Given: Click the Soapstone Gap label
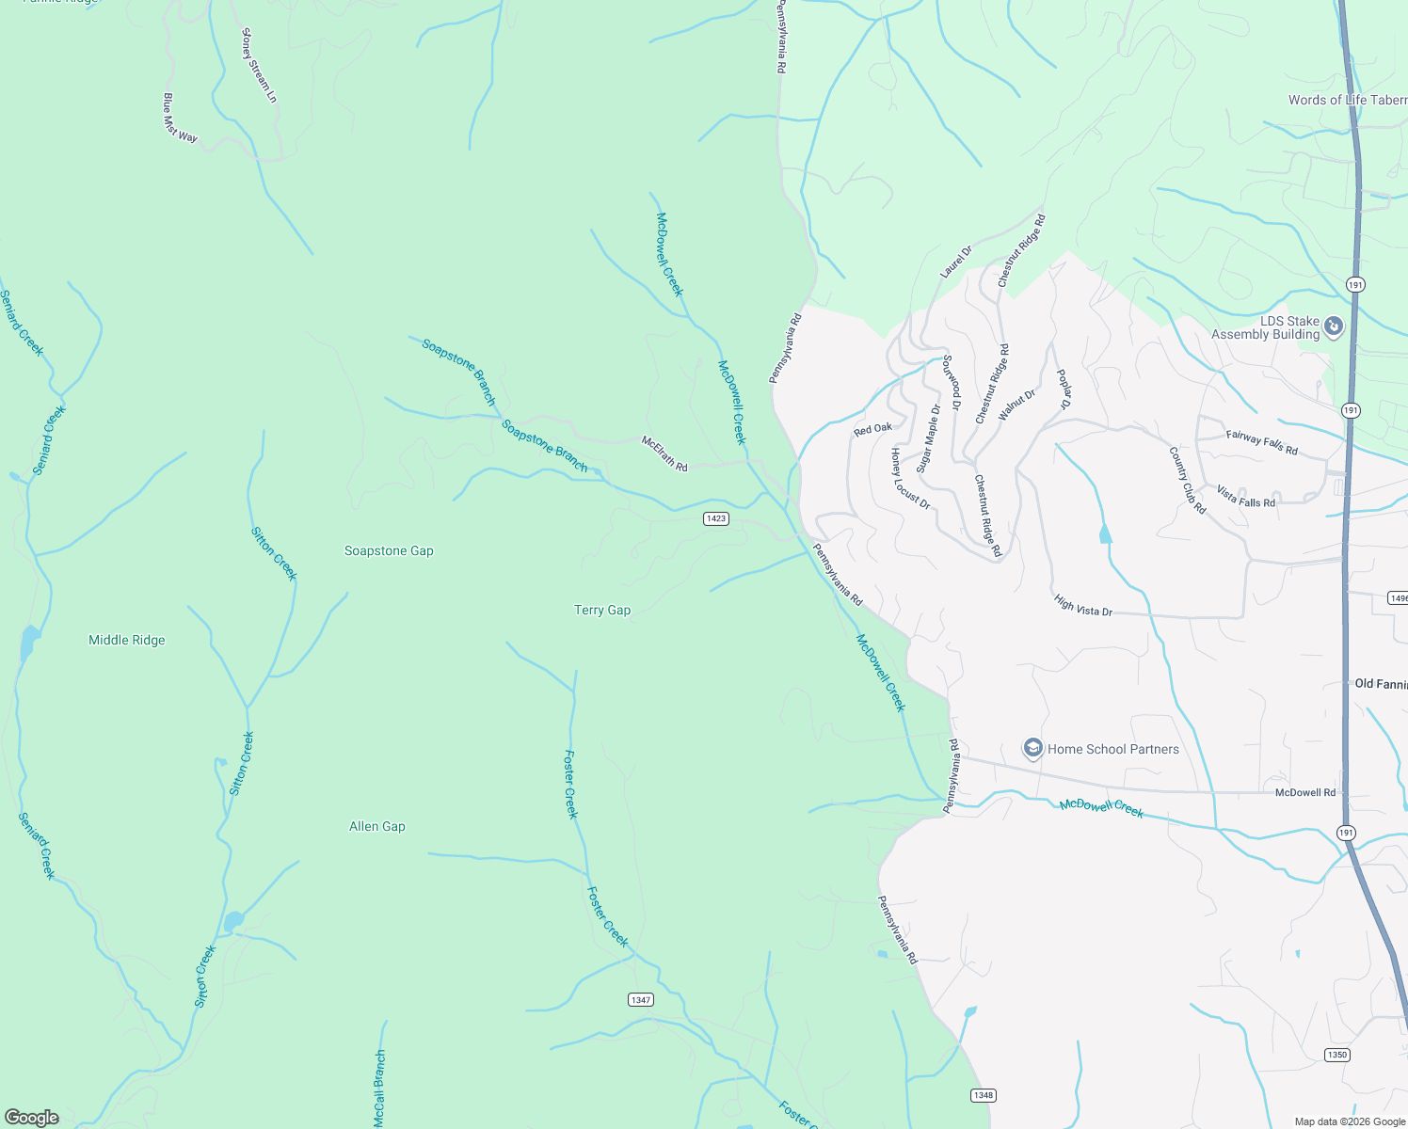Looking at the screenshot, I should (x=389, y=550).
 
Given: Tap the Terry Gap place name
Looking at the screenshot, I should (x=602, y=610).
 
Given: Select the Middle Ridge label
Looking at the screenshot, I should (x=127, y=640).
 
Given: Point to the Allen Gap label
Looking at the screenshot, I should (x=377, y=826).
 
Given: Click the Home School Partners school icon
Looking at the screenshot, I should (x=1033, y=749).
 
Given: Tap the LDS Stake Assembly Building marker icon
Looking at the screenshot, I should (x=1334, y=327).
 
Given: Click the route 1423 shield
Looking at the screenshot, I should (x=716, y=518).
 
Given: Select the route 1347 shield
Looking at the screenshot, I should (x=641, y=999).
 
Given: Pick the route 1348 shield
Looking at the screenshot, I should (x=984, y=1095).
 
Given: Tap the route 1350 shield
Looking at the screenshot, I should (x=1337, y=1055).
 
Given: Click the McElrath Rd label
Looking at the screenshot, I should (x=664, y=453).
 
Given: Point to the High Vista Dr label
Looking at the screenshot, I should (x=1083, y=605).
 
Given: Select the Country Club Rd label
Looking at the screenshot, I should (x=1188, y=480).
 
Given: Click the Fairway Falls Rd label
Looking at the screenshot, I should (x=1262, y=442).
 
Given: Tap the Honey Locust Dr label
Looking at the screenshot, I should (x=910, y=479).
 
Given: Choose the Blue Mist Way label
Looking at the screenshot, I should (x=180, y=118).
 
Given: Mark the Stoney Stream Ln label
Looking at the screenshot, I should (x=260, y=65).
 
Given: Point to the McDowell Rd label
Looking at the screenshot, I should (x=1305, y=793).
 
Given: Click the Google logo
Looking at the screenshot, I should (x=32, y=1117).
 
